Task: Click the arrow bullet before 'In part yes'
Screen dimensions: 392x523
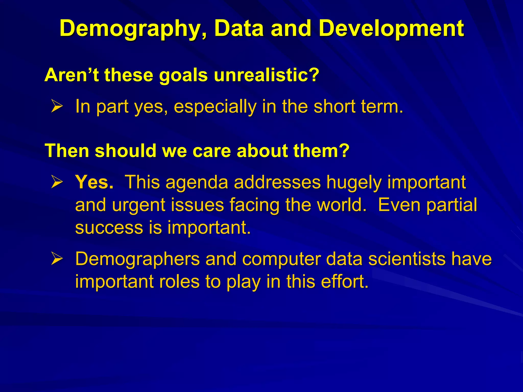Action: [x=56, y=106]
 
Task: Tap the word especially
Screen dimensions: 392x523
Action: [x=215, y=107]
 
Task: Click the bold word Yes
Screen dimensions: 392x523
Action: [x=94, y=182]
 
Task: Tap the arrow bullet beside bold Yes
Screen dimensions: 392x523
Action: [x=56, y=182]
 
